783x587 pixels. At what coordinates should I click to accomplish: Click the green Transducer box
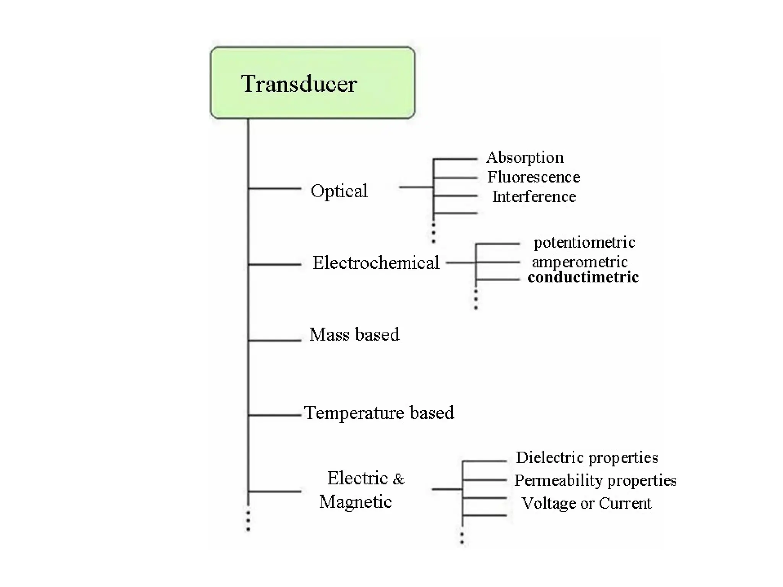[x=312, y=83]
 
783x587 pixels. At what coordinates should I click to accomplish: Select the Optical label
[x=339, y=191]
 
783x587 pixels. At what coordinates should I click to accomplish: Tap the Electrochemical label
[x=376, y=263]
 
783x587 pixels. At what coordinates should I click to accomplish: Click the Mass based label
[x=354, y=334]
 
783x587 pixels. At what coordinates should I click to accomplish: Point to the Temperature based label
[x=379, y=413]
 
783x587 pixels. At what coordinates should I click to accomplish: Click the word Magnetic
[x=355, y=502]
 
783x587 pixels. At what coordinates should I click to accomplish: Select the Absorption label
[x=525, y=157]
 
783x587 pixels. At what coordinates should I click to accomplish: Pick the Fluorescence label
[x=533, y=177]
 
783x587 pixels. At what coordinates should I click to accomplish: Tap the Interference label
[x=534, y=197]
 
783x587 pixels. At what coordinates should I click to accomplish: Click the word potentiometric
[x=584, y=242]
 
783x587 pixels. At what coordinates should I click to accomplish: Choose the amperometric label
[x=580, y=262]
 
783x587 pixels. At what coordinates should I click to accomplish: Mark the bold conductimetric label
[x=583, y=277]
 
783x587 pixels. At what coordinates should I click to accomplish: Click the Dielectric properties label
[x=587, y=457]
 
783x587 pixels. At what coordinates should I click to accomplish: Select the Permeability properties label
[x=595, y=480]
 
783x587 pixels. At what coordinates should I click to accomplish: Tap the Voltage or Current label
[x=586, y=503]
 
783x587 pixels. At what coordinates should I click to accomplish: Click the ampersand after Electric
[x=398, y=479]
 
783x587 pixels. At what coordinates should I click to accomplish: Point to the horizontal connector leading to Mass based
[x=275, y=340]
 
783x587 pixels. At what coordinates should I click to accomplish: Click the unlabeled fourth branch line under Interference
[x=456, y=213]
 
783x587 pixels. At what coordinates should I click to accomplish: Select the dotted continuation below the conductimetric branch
[x=476, y=299]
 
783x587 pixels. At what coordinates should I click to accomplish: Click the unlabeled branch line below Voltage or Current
[x=485, y=515]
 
